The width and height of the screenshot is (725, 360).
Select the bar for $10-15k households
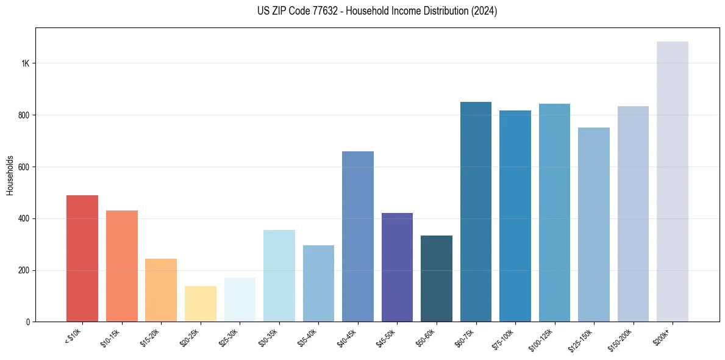[121, 266]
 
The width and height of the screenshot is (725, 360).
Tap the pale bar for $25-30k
[240, 300]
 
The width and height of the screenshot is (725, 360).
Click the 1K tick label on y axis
[25, 63]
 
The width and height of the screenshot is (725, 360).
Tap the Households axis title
[10, 175]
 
